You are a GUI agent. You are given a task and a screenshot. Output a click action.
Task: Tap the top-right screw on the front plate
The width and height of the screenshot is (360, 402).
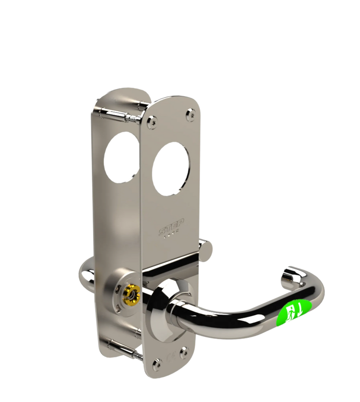click(x=190, y=116)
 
